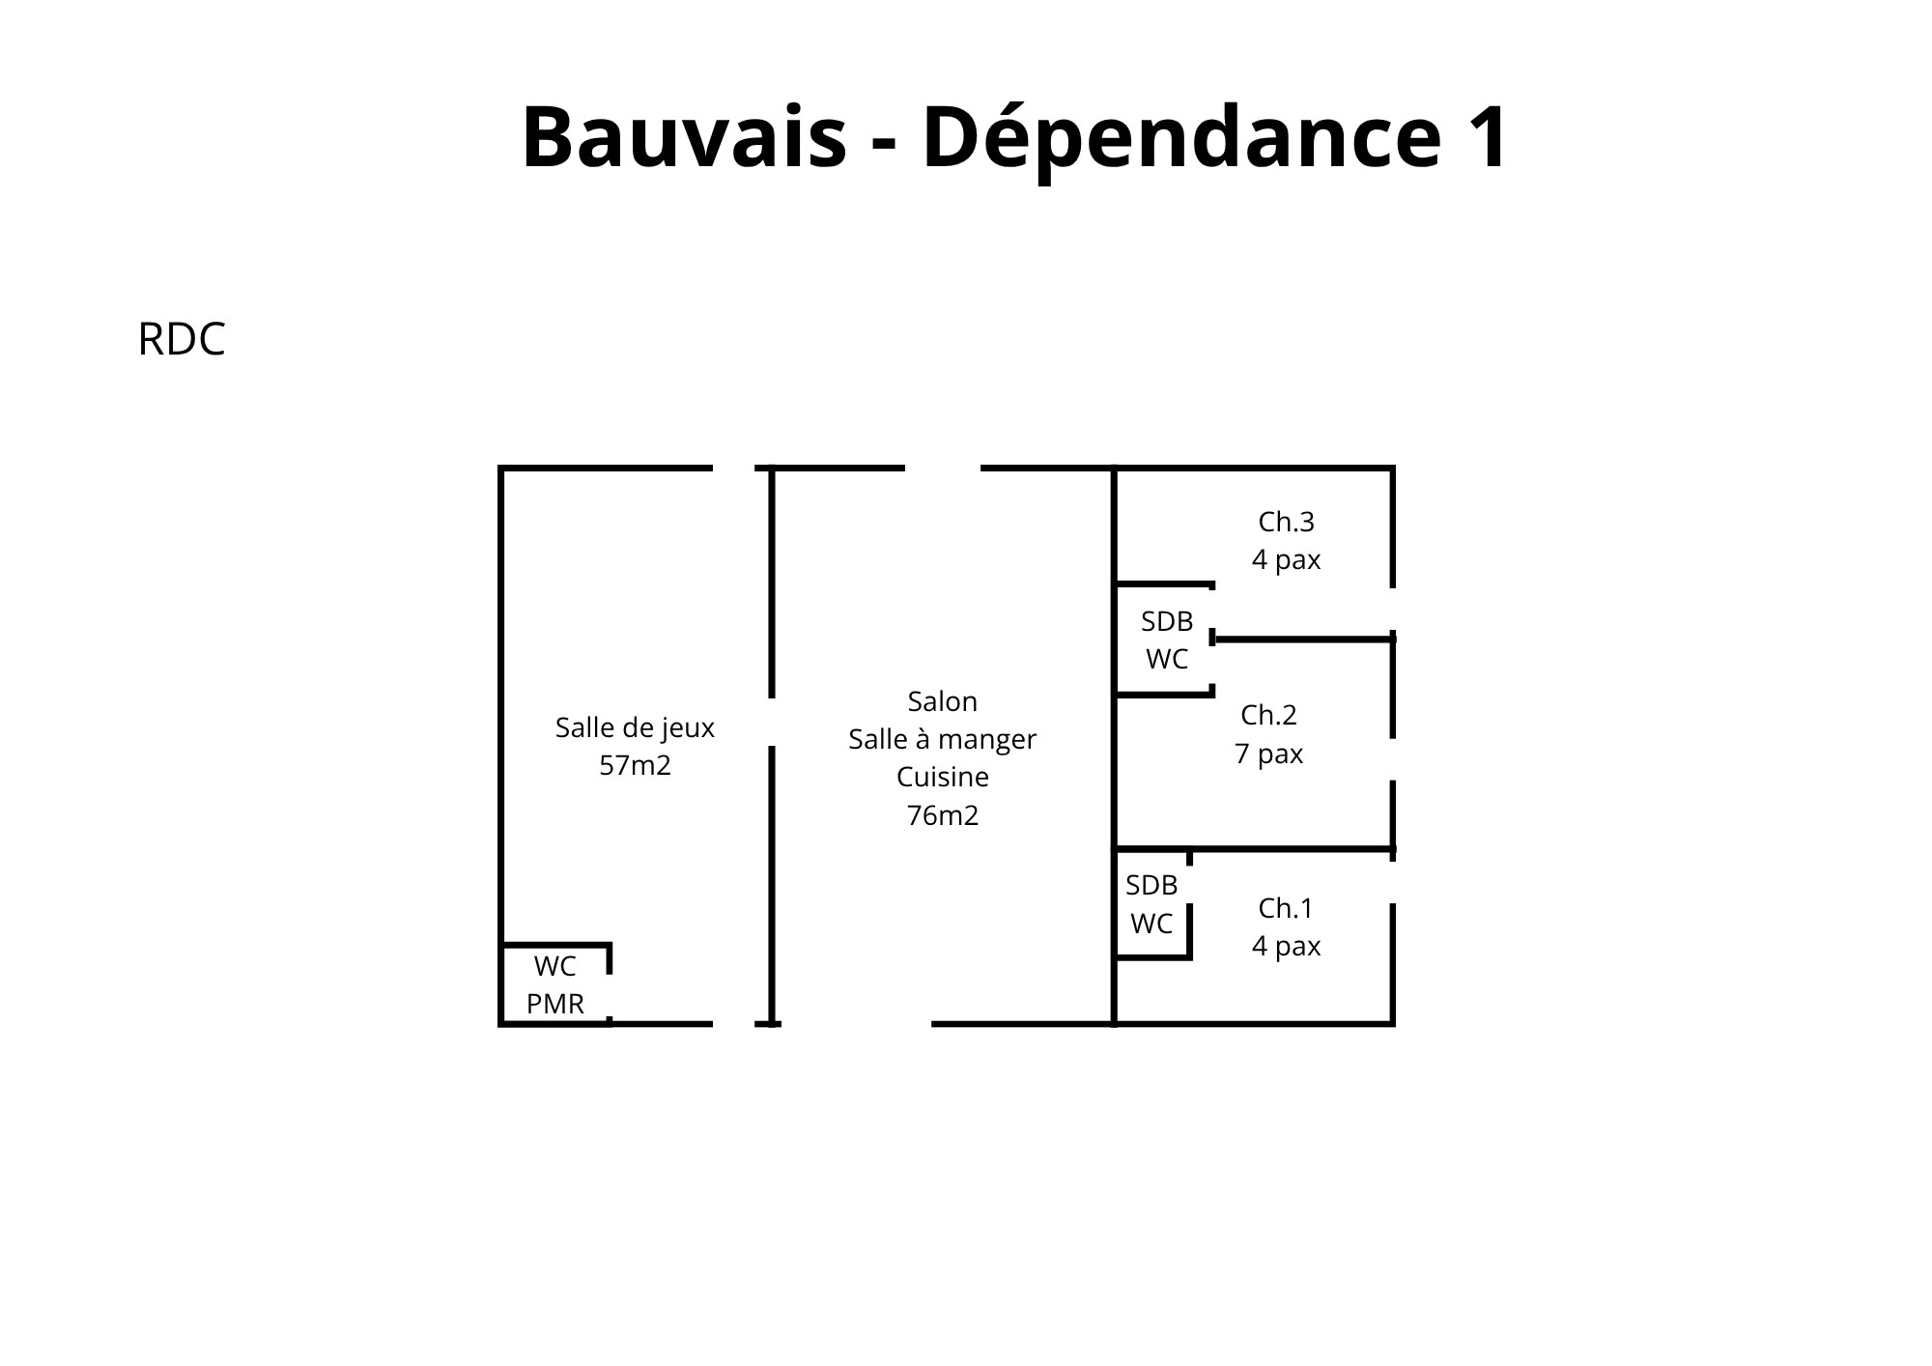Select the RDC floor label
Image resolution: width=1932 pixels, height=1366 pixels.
pyautogui.click(x=182, y=339)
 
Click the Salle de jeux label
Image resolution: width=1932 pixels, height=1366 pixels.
pyautogui.click(x=635, y=727)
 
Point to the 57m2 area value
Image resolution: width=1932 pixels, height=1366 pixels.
pyautogui.click(x=635, y=765)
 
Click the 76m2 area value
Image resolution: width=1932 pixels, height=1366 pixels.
pyautogui.click(x=943, y=815)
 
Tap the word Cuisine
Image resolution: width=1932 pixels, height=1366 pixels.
pyautogui.click(x=943, y=777)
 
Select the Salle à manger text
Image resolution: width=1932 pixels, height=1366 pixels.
pyautogui.click(x=943, y=739)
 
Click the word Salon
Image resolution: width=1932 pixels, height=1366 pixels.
pyautogui.click(x=943, y=700)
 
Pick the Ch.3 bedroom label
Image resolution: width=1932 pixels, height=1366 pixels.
pyautogui.click(x=1286, y=522)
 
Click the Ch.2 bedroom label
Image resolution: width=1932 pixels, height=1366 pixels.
pyautogui.click(x=1268, y=715)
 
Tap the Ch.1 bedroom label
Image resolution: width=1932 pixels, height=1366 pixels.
pyautogui.click(x=1286, y=908)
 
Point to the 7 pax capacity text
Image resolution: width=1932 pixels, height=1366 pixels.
pyautogui.click(x=1268, y=754)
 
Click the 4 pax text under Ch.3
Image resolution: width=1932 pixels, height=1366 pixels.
pyautogui.click(x=1286, y=560)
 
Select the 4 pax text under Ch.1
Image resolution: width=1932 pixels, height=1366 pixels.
pyautogui.click(x=1286, y=946)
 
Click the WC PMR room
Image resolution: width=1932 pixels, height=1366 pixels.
pyautogui.click(x=555, y=984)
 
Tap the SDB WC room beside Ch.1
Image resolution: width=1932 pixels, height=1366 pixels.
pyautogui.click(x=1152, y=904)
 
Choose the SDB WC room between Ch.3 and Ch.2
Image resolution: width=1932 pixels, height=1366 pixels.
pyautogui.click(x=1165, y=640)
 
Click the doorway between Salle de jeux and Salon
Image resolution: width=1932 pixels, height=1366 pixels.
pyautogui.click(x=772, y=722)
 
